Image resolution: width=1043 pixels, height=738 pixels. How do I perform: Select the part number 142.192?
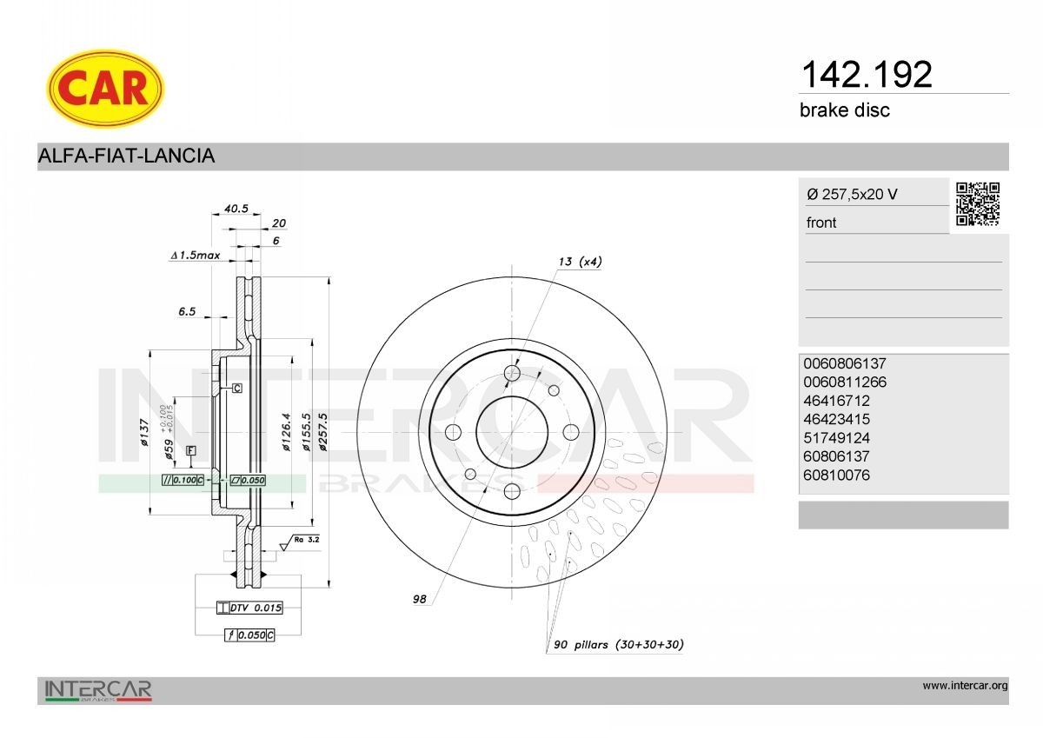[865, 75]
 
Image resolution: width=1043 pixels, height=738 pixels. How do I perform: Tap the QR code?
[978, 204]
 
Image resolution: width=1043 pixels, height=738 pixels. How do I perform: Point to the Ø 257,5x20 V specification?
[852, 194]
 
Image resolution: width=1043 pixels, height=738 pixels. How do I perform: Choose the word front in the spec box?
[821, 223]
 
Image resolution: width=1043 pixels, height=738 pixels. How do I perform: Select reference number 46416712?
[836, 401]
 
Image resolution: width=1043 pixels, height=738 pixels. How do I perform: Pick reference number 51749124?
[836, 438]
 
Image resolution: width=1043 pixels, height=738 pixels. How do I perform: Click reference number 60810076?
[836, 475]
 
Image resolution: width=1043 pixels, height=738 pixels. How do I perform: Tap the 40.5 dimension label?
[236, 209]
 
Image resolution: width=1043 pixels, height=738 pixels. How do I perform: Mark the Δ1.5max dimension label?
[196, 256]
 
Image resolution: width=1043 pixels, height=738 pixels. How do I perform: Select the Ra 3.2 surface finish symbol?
[301, 541]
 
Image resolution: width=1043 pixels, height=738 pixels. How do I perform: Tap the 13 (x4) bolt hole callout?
[580, 262]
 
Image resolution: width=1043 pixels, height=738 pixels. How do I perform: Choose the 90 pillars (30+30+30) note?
[619, 645]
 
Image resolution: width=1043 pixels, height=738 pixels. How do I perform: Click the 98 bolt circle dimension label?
[419, 599]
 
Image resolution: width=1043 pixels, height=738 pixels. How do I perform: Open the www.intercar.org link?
[965, 686]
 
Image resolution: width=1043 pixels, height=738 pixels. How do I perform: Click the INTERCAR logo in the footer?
[98, 690]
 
